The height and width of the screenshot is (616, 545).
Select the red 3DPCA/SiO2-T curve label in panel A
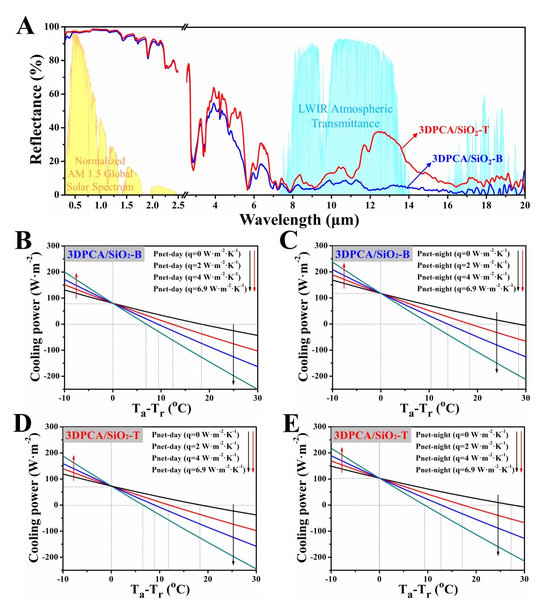[x=454, y=130]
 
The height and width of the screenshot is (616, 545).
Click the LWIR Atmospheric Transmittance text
[x=346, y=116]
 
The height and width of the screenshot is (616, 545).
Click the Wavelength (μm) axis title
[x=299, y=219]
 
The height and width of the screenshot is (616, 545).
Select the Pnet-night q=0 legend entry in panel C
[x=463, y=254]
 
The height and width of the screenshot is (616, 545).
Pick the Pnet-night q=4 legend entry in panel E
[x=461, y=458]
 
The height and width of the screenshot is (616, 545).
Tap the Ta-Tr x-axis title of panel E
[x=427, y=589]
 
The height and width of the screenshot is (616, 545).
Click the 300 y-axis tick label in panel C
[x=320, y=246]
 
